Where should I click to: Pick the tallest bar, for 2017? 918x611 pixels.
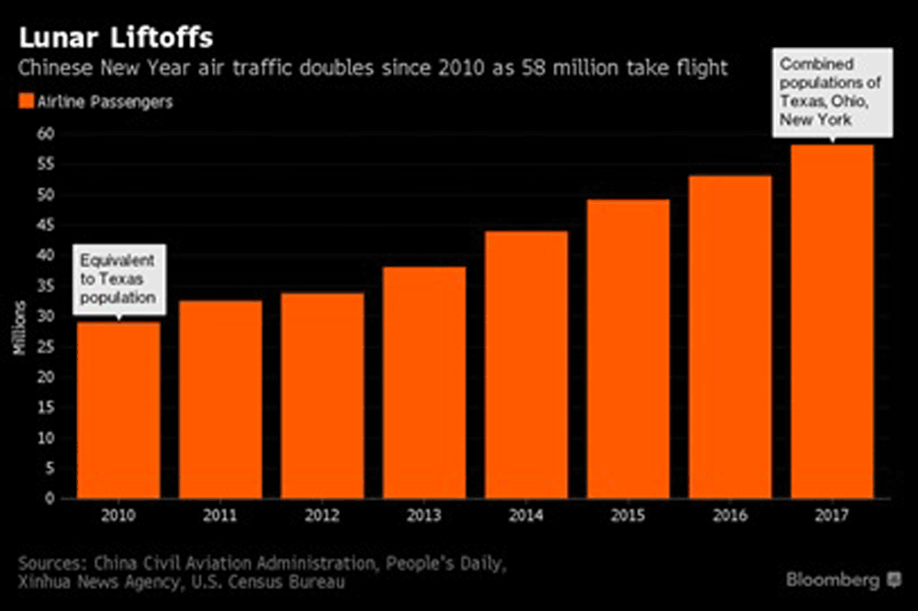tap(832, 322)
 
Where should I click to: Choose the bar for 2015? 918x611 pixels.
tap(628, 349)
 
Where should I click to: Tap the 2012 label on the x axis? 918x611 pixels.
tap(322, 516)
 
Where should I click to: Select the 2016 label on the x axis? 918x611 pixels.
tap(730, 516)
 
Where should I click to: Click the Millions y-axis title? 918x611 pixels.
tap(19, 332)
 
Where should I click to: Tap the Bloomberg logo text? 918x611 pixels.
tap(834, 580)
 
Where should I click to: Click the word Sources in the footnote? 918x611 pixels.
tap(51, 562)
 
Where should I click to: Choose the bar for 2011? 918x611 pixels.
tap(220, 399)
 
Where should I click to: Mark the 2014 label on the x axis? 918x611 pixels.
tap(526, 516)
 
